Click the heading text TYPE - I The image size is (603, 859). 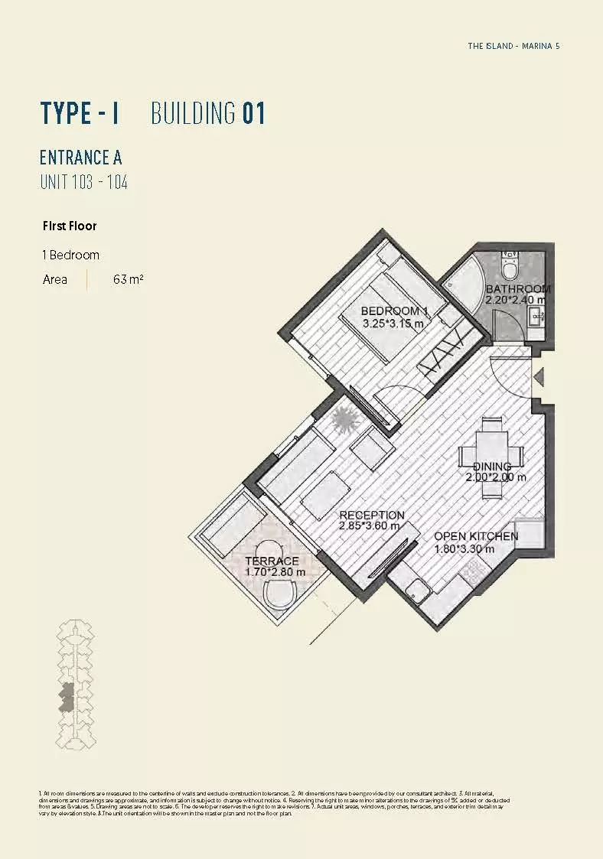pyautogui.click(x=80, y=113)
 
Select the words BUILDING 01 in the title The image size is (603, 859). pyautogui.click(x=208, y=113)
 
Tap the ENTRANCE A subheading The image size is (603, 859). pyautogui.click(x=80, y=158)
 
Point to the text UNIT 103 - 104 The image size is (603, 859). pyautogui.click(x=83, y=184)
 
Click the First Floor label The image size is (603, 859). pyautogui.click(x=70, y=226)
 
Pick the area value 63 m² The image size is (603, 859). pyautogui.click(x=129, y=279)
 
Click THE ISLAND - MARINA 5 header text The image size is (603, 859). pyautogui.click(x=513, y=46)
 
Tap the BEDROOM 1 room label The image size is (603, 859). pyautogui.click(x=394, y=311)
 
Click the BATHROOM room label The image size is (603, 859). pyautogui.click(x=518, y=289)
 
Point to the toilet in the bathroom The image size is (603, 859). pyautogui.click(x=508, y=265)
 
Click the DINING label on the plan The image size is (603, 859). pyautogui.click(x=492, y=467)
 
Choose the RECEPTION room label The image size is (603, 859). pyautogui.click(x=372, y=515)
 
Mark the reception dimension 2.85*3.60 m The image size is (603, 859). pyautogui.click(x=370, y=526)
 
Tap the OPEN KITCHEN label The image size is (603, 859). pyautogui.click(x=475, y=536)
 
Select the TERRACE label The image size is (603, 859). pyautogui.click(x=272, y=561)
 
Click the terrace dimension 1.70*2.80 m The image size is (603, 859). pyautogui.click(x=275, y=572)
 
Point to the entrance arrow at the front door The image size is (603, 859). pyautogui.click(x=539, y=376)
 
